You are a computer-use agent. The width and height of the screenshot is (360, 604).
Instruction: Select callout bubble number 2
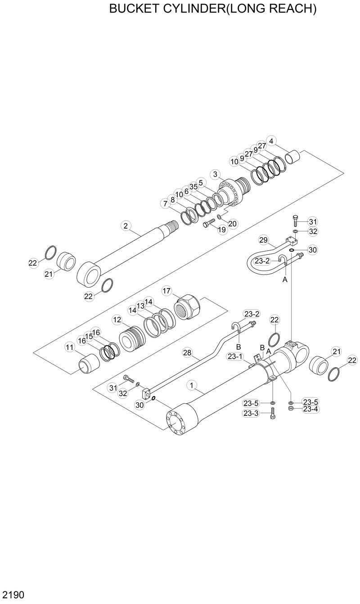pyautogui.click(x=126, y=225)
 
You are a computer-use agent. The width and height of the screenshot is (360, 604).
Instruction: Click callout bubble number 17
pyautogui.click(x=166, y=291)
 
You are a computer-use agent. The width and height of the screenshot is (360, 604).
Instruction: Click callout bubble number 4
pyautogui.click(x=271, y=141)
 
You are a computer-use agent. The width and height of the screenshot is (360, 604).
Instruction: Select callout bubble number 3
pyautogui.click(x=216, y=174)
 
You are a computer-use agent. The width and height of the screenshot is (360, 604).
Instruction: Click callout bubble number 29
pyautogui.click(x=263, y=239)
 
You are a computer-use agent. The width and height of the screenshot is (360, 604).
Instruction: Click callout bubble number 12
pyautogui.click(x=117, y=320)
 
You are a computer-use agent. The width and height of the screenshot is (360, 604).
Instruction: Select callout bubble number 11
pyautogui.click(x=69, y=347)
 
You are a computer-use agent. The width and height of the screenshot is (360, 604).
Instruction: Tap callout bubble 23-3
pyautogui.click(x=251, y=413)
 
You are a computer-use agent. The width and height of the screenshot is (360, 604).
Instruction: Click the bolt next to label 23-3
pyautogui.click(x=273, y=414)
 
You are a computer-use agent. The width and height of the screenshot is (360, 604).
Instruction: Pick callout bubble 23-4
pyautogui.click(x=310, y=409)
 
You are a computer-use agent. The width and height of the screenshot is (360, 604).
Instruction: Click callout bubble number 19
pyautogui.click(x=221, y=230)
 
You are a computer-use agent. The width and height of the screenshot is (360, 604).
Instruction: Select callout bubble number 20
pyautogui.click(x=232, y=223)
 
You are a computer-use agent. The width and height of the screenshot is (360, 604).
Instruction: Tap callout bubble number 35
pyautogui.click(x=193, y=186)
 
